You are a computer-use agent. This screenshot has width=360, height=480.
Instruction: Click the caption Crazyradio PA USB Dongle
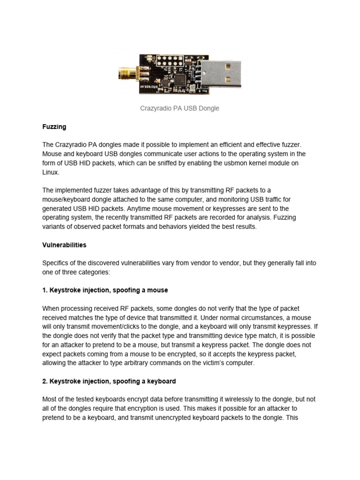[180, 108]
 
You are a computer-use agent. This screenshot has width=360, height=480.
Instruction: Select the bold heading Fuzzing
[54, 127]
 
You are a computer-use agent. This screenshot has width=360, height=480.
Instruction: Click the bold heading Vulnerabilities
[64, 245]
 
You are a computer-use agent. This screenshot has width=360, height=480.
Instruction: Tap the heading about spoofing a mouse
[105, 290]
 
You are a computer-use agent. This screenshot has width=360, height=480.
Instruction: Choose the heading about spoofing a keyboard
[109, 381]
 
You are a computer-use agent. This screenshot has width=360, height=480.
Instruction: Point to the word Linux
[51, 172]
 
